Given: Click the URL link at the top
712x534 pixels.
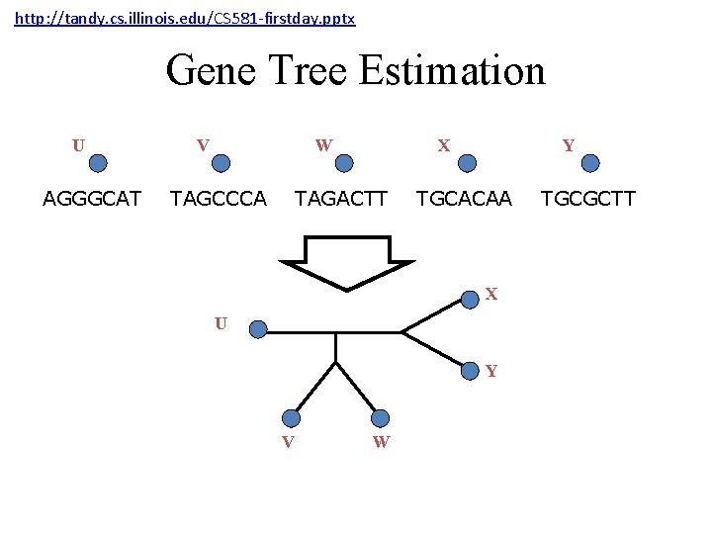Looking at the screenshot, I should pos(185,19).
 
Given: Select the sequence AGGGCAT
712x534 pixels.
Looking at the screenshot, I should pos(92,199).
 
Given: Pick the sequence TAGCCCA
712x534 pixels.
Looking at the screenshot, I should pos(219,199).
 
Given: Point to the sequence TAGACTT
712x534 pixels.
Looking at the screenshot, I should pos(341,199).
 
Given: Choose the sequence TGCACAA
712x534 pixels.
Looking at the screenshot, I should pos(464,199).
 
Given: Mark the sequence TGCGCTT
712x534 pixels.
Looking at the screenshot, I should pos(587,199).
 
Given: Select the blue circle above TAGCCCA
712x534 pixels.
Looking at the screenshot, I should pos(222,163).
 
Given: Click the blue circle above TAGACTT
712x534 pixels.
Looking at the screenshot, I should pos(344,163).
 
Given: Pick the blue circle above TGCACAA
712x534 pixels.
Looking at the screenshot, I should pos(468,163).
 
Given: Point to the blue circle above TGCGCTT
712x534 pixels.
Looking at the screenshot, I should pos(590,163).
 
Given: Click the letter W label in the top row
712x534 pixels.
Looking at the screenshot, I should pos(323,145).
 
